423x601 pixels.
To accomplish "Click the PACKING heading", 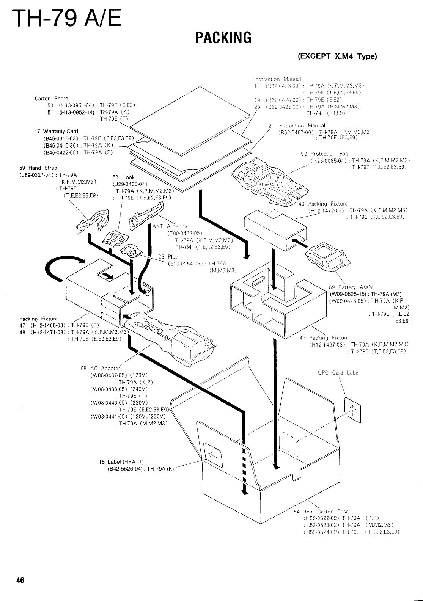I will (223, 38).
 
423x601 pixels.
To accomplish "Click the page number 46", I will (20, 580).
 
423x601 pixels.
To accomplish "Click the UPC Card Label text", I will (338, 372).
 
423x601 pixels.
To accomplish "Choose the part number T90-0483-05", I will (184, 233).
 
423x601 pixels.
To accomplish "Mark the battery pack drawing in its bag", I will (327, 254).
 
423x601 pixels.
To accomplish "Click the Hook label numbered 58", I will (128, 177).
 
